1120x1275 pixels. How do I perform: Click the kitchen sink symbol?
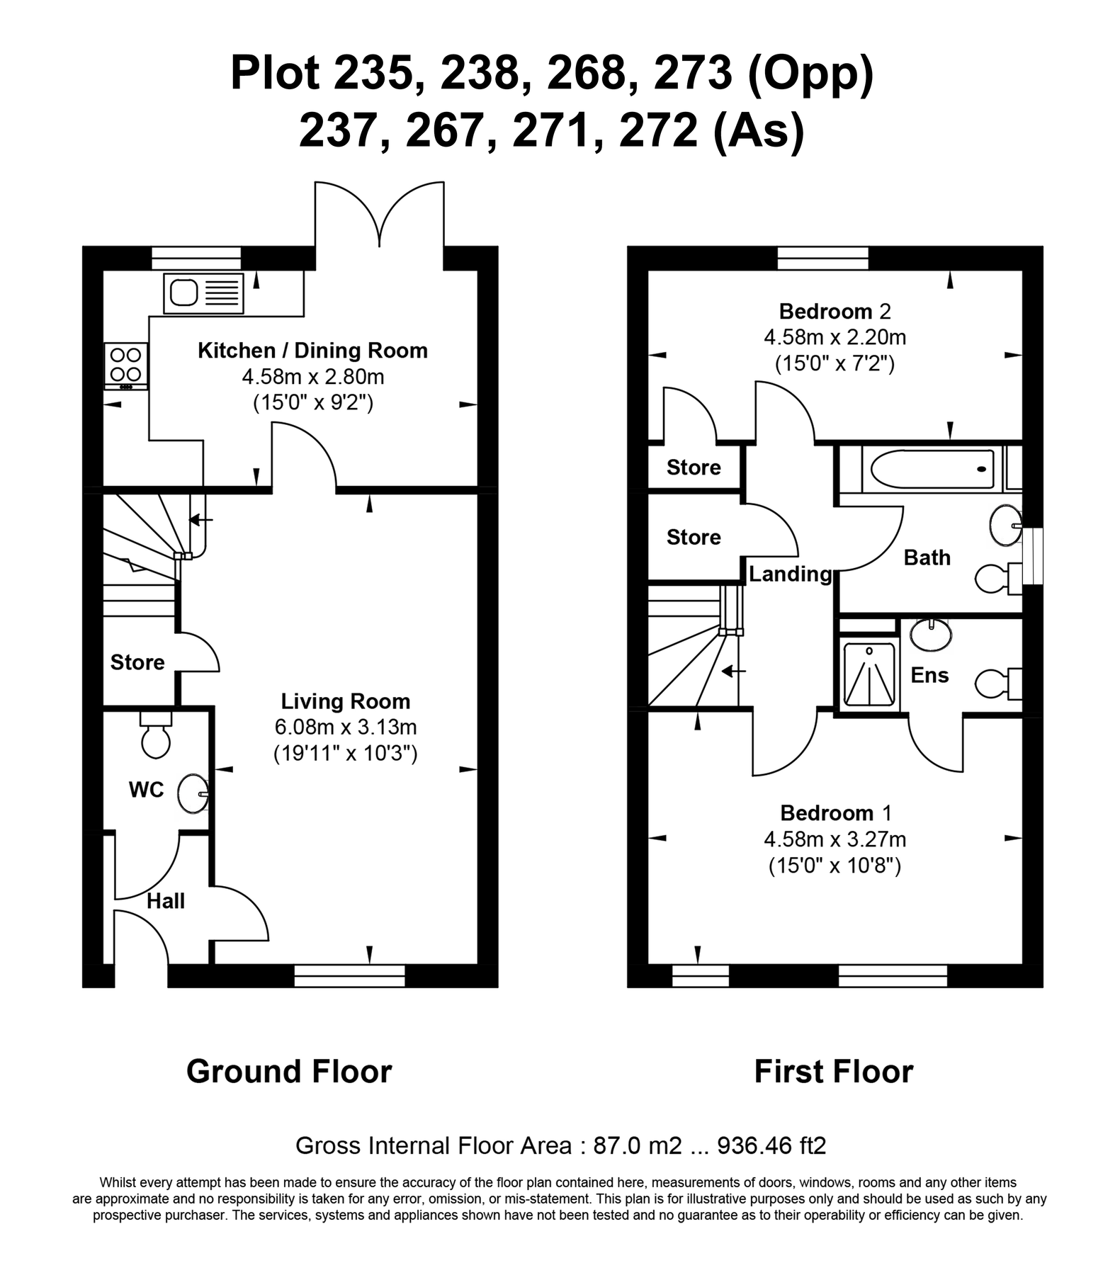(x=203, y=293)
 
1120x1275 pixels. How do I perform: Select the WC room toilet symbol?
(x=156, y=736)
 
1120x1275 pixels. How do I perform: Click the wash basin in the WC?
(x=192, y=794)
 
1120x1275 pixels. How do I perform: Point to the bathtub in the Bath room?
(x=932, y=469)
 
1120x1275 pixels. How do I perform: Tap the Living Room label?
(x=345, y=701)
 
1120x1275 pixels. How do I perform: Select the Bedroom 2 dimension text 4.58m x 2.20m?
(x=835, y=337)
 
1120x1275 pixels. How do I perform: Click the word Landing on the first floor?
(x=790, y=574)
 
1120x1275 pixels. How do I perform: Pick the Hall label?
(x=166, y=901)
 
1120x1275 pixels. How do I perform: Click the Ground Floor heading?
(x=289, y=1072)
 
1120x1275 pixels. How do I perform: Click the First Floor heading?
(x=833, y=1072)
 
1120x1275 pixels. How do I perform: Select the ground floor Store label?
(x=137, y=662)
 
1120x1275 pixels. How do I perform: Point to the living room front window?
(x=349, y=975)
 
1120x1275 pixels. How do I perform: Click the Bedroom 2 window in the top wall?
(x=822, y=258)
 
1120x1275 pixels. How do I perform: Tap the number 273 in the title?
(x=692, y=74)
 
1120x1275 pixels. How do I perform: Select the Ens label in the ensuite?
(x=929, y=675)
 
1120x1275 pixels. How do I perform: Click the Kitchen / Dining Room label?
(x=312, y=351)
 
